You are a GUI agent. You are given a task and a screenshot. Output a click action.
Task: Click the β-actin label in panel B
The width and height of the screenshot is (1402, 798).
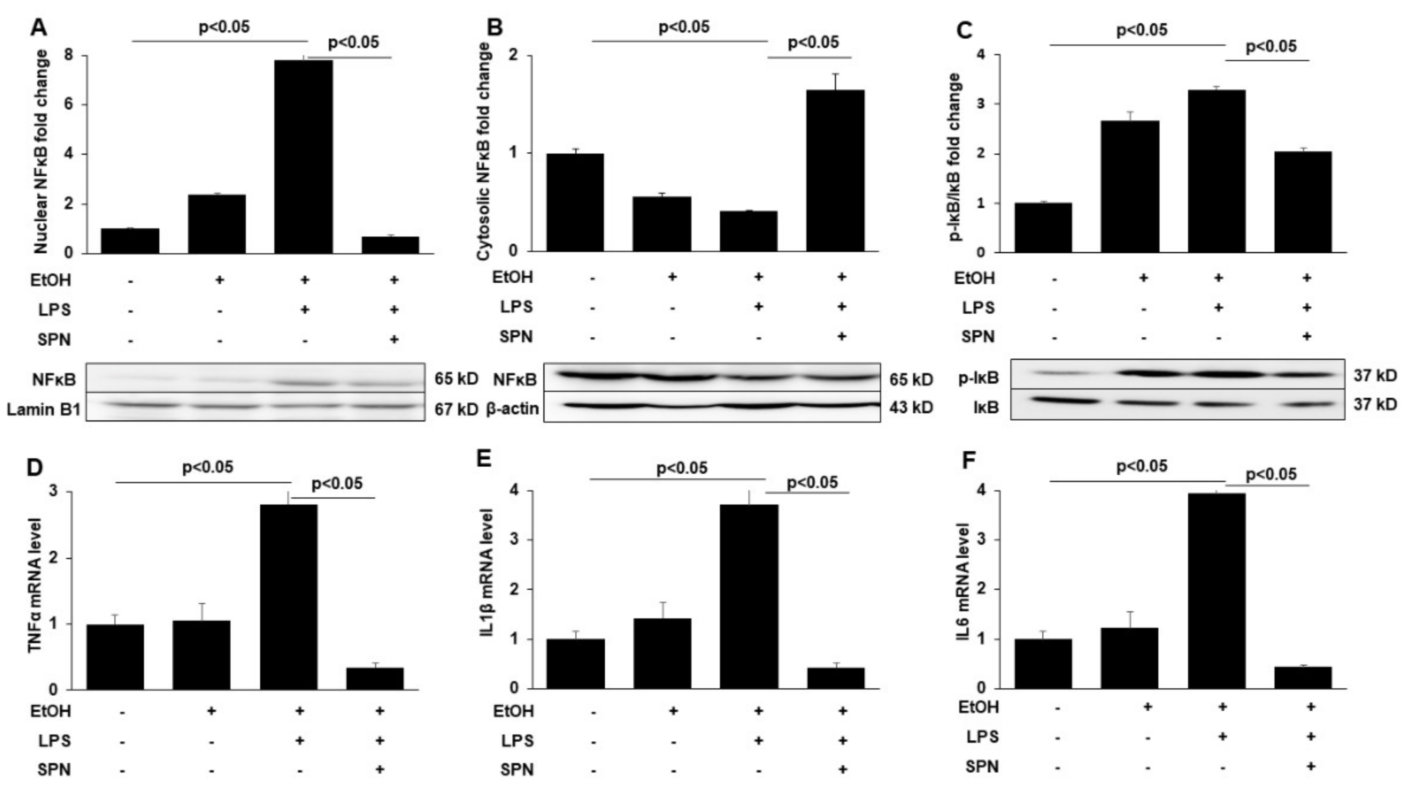point(512,408)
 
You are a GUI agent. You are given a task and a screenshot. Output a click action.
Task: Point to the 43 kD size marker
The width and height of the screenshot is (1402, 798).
point(911,408)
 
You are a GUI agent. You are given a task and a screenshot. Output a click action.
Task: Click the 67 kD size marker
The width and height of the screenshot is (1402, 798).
point(456,409)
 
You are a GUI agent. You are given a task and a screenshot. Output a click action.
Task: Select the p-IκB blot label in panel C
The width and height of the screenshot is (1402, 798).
point(978,378)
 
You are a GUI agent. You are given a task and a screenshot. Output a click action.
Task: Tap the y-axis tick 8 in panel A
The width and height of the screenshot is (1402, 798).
point(69,56)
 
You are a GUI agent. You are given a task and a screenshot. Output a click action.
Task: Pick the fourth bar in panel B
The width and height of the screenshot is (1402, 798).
point(835,170)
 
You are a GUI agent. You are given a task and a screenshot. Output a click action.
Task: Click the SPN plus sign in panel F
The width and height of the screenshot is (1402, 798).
point(1310,765)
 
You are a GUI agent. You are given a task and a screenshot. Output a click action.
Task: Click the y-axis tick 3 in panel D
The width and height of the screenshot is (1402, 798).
point(69,492)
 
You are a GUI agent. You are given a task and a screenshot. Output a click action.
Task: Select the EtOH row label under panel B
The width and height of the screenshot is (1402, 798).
point(512,277)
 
